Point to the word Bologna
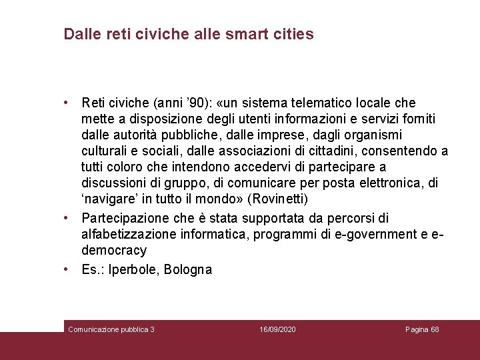pyautogui.click(x=188, y=270)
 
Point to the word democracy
pyautogui.click(x=114, y=251)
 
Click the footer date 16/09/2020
pyautogui.click(x=277, y=329)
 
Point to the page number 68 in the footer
pyautogui.click(x=435, y=329)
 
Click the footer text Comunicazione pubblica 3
pyautogui.click(x=111, y=329)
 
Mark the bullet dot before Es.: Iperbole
pyautogui.click(x=67, y=269)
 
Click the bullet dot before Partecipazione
pyautogui.click(x=67, y=217)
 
